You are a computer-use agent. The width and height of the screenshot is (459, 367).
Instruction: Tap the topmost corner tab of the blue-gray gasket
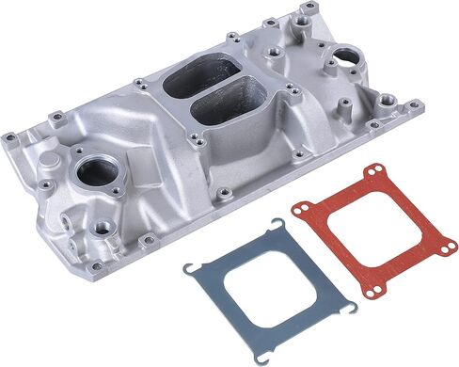tap(280, 224)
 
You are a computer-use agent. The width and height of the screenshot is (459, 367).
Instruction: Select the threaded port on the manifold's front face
tap(99, 227)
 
